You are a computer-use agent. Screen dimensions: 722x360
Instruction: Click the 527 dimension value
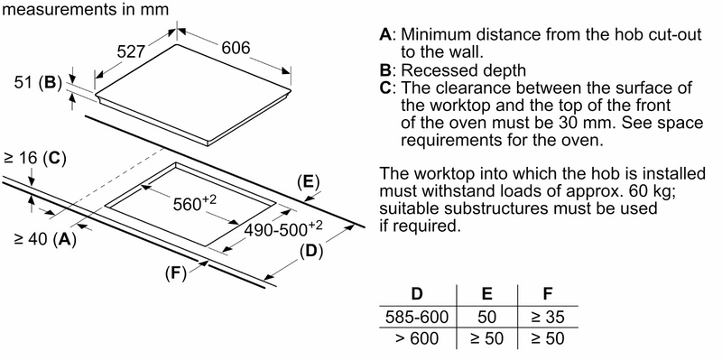[131, 51]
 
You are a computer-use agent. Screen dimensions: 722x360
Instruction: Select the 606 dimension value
[236, 48]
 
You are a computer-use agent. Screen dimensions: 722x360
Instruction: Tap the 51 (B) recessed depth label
[38, 83]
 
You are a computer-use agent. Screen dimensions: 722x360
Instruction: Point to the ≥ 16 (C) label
[35, 159]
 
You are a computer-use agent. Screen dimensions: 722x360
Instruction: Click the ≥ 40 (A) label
[45, 240]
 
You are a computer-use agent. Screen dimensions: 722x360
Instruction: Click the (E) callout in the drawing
[308, 183]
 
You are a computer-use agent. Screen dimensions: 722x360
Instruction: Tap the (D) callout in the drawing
[311, 252]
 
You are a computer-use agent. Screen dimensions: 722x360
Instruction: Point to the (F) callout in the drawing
[176, 274]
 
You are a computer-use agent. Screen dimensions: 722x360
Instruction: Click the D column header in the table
[417, 294]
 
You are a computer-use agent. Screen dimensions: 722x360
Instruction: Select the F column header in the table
[548, 294]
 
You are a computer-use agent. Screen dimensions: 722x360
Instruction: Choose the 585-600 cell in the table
[417, 318]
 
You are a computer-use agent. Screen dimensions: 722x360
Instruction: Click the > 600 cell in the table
[417, 339]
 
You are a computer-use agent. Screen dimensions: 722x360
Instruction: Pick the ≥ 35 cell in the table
[548, 318]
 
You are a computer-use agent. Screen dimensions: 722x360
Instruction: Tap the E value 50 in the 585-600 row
[486, 318]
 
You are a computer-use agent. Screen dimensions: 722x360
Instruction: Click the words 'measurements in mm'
[86, 9]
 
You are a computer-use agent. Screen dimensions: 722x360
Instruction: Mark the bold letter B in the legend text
[385, 70]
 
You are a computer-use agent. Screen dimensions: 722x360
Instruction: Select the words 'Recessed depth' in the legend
[463, 71]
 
